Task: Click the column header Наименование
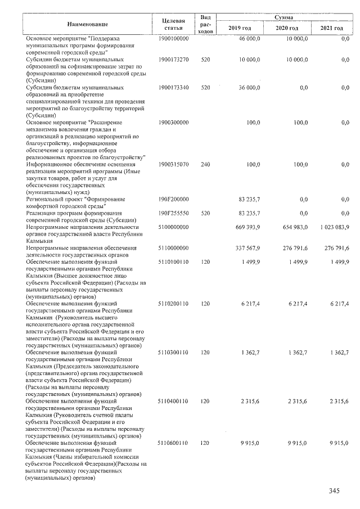point(87,24)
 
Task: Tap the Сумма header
point(283,18)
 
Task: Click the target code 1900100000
point(173,38)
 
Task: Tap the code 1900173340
point(173,88)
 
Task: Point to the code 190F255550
point(173,213)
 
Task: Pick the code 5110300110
point(173,352)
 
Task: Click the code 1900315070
point(173,164)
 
